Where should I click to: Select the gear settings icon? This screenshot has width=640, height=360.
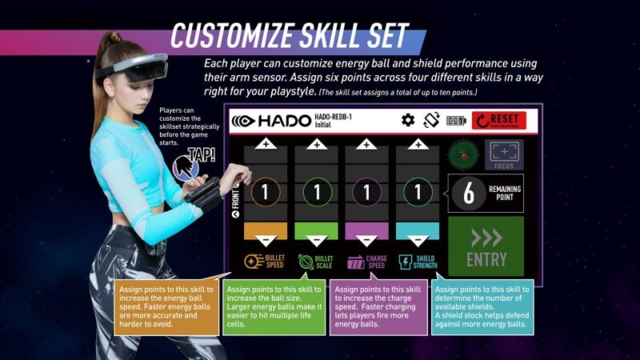click(408, 120)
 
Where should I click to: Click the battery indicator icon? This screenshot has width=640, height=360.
click(456, 121)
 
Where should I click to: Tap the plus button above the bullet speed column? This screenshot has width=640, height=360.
click(265, 145)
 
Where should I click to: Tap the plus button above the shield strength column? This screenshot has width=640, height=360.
click(418, 145)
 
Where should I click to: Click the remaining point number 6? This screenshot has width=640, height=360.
click(469, 193)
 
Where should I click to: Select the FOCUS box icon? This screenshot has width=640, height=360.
click(503, 154)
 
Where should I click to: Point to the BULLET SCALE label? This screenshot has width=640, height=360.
click(317, 262)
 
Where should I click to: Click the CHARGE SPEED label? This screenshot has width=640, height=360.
click(366, 262)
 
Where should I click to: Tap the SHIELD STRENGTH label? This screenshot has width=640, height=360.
click(418, 262)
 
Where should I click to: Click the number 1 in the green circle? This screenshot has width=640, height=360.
click(316, 193)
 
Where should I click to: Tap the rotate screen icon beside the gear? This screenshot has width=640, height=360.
click(432, 120)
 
